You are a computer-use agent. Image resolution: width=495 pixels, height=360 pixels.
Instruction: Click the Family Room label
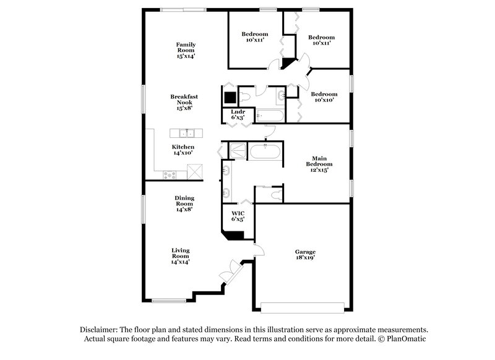(186, 49)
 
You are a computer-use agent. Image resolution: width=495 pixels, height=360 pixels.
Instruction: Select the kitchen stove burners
(169, 175)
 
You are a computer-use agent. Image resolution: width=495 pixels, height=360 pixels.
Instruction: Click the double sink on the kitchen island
(186, 133)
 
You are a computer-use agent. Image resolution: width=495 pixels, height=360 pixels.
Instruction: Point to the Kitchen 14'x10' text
(183, 149)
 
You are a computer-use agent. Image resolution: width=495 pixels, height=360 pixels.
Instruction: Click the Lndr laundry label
(238, 114)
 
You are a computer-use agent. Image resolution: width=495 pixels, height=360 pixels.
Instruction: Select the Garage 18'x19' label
(305, 255)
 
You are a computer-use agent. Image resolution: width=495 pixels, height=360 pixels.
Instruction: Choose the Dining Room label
(184, 204)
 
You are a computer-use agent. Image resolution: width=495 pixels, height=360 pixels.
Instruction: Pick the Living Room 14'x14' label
(181, 255)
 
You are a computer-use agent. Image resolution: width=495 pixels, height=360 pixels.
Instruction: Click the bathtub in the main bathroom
(265, 152)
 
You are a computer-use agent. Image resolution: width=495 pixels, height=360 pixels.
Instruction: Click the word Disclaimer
(99, 330)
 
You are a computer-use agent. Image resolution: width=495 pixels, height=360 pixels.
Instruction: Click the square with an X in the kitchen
(195, 171)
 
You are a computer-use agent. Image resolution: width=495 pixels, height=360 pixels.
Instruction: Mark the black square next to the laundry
(230, 98)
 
